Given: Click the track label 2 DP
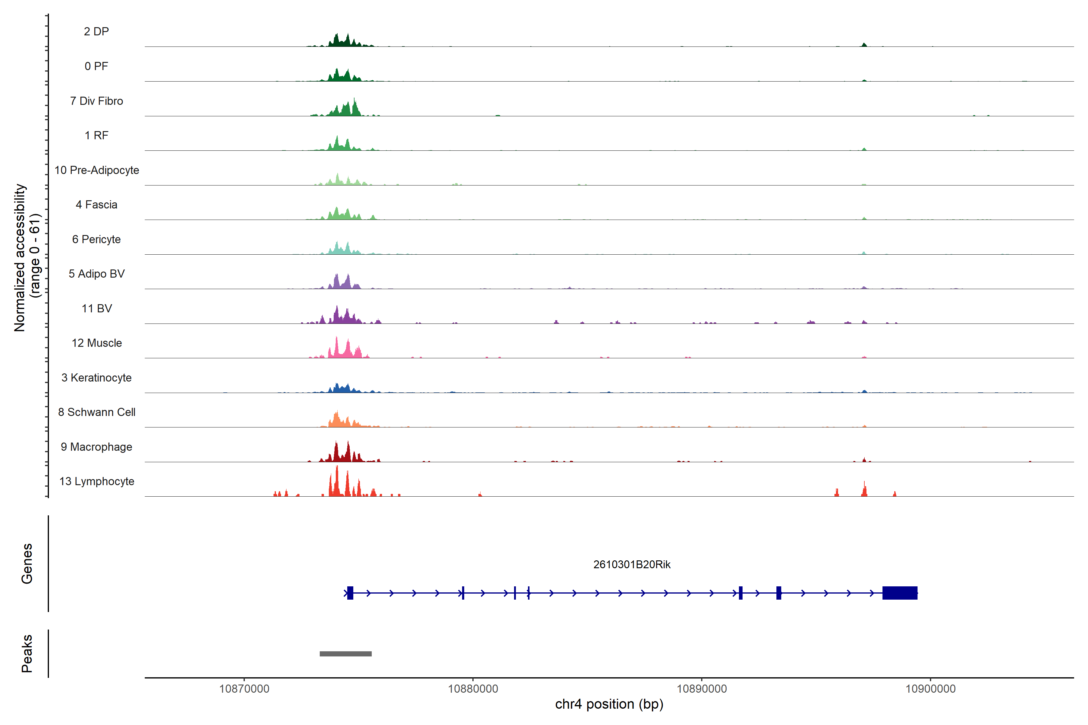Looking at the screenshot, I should point(96,31).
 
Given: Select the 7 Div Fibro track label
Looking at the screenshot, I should point(96,101).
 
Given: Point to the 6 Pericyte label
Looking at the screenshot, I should point(96,240).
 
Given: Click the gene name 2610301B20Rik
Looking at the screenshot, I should point(632,565).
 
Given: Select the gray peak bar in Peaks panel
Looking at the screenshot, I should point(345,654).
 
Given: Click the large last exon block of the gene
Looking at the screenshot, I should point(900,593).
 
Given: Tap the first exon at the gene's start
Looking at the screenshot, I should point(350,593).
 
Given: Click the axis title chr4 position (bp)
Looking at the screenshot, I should point(609,704).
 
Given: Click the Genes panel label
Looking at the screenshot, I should point(27,564).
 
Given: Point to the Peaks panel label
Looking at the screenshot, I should point(27,653).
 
